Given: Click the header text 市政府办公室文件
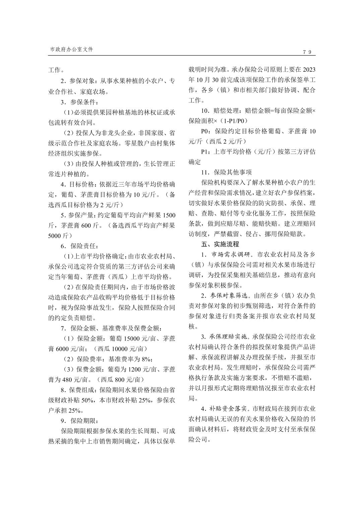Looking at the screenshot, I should (x=71, y=49).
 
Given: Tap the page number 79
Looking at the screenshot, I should (x=307, y=52).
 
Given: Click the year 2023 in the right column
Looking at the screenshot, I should (x=309, y=70).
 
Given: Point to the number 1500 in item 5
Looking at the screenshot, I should (x=169, y=215).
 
